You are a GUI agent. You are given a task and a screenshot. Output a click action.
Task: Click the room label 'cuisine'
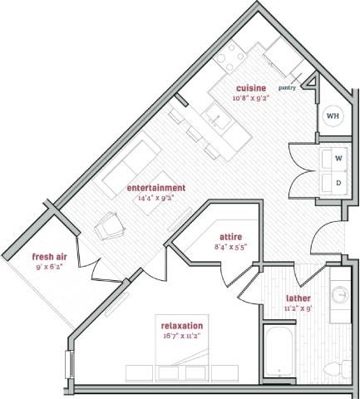pos(250,88)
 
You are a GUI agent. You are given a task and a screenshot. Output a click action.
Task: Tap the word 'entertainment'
pos(156,188)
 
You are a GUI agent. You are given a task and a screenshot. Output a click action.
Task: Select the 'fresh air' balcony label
pos(49,256)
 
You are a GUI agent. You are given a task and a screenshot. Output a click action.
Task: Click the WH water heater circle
pos(332,116)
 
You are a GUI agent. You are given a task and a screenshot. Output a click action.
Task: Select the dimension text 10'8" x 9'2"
pos(250,98)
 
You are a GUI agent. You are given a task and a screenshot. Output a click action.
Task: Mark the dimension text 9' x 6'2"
pos(49,267)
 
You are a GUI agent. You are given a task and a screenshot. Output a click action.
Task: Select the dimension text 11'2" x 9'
pos(298,308)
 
